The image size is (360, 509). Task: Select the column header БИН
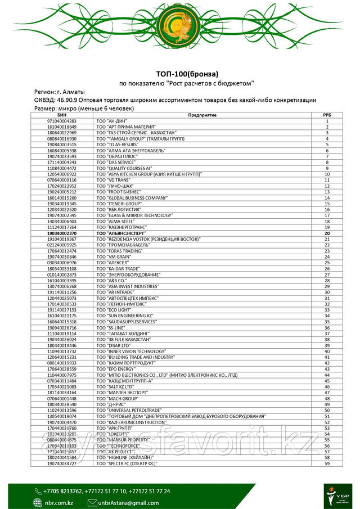[62, 115]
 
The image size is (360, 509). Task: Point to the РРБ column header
[327, 115]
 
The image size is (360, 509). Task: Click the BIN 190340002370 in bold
[62, 232]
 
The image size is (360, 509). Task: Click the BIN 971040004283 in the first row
[62, 121]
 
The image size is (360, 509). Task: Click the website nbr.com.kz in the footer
[58, 502]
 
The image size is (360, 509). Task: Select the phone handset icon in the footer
[38, 491]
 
